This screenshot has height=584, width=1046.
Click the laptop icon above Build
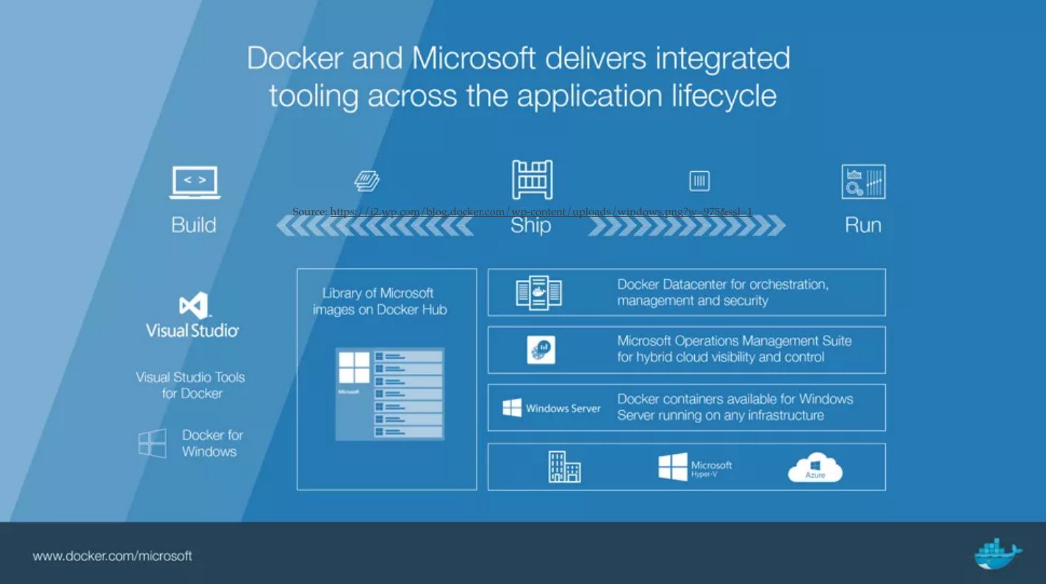[x=195, y=182]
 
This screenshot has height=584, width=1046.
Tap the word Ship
[x=530, y=226]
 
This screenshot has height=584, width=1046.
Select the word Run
[x=862, y=225]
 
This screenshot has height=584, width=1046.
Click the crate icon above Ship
[x=532, y=179]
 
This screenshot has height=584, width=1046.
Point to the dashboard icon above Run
[x=863, y=181]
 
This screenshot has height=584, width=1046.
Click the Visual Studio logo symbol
[x=193, y=306]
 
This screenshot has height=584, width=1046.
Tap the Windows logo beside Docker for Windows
[x=153, y=444]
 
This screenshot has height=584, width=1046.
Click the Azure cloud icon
[x=815, y=468]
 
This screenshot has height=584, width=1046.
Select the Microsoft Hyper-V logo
[x=695, y=467]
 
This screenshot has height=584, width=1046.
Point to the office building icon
[x=564, y=467]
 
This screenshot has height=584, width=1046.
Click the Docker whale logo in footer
[x=998, y=553]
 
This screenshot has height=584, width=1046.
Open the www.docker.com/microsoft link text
[x=112, y=556]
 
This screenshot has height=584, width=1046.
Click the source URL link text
[x=541, y=212]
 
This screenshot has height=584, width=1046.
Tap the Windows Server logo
[x=552, y=408]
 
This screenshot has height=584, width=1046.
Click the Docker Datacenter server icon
[x=538, y=292]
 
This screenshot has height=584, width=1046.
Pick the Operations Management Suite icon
[x=541, y=350]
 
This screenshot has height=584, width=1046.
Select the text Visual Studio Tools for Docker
[x=191, y=385]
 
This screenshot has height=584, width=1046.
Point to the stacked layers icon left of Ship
[x=367, y=181]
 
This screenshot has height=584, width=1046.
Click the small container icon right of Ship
[x=699, y=181]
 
